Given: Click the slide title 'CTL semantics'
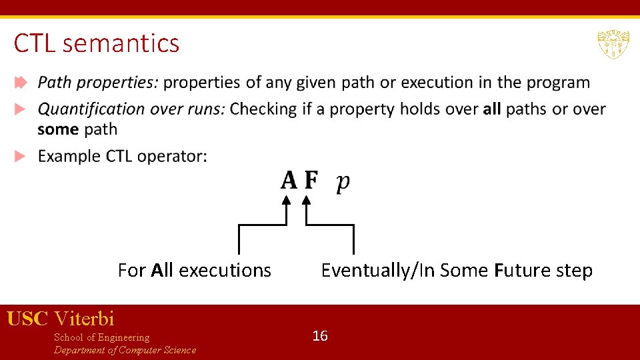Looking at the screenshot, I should pos(97,43).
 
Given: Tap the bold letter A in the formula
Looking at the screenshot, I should pos(289,181).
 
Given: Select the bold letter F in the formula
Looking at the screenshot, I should pos(311,181).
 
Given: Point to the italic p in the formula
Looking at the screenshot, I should pos(343,182).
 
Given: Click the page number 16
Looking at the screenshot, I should pos(320,336).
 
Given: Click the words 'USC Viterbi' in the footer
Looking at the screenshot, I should pos(61,319).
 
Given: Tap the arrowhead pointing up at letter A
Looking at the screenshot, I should pos(287,199).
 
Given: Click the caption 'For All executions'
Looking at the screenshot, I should pos(195,270).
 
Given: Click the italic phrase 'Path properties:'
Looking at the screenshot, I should pos(98,83).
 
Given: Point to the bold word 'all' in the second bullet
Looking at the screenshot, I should pos(492,109).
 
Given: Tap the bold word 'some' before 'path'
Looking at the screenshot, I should pos(58,129).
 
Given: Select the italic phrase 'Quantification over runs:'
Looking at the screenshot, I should pos(131,109).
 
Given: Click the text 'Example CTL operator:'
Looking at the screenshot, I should pos(123,156).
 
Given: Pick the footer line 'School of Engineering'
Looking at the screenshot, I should pos(102,337).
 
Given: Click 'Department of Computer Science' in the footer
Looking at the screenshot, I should pos(125,350).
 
